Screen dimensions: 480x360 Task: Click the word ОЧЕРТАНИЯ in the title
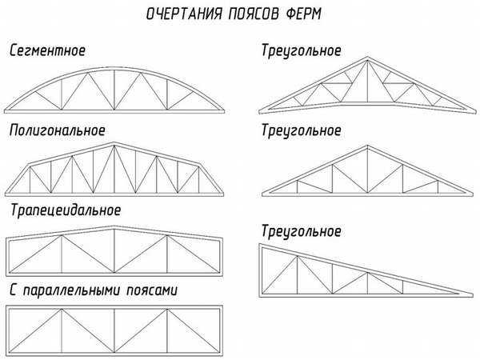click(184, 14)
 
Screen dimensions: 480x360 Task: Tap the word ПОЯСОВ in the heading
click(254, 14)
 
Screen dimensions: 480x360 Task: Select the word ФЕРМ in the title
click(304, 14)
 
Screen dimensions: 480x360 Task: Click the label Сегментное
click(47, 50)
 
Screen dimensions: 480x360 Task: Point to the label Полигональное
click(58, 130)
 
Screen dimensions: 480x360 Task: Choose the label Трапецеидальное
click(66, 210)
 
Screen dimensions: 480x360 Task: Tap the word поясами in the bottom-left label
click(152, 290)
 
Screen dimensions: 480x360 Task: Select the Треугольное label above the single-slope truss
click(302, 231)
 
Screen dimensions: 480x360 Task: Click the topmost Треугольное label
click(302, 51)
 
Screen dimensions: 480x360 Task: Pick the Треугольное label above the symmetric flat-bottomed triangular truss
click(302, 130)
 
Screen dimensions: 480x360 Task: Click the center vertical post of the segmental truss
click(114, 90)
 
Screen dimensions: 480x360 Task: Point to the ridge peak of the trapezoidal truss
click(114, 226)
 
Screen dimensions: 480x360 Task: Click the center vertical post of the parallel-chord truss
click(114, 330)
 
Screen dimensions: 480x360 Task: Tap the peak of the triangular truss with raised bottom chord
click(368, 58)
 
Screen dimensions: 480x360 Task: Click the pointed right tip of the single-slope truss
click(473, 296)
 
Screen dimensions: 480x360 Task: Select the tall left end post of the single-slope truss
click(261, 270)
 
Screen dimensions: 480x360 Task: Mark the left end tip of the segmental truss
click(5, 111)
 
